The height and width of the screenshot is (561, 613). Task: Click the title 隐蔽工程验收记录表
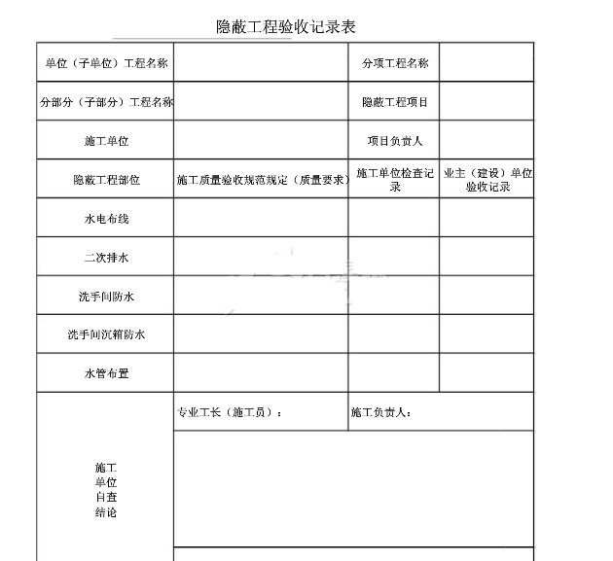click(x=285, y=26)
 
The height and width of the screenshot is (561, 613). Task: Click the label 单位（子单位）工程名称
click(x=106, y=63)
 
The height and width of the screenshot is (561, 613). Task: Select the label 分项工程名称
click(x=395, y=63)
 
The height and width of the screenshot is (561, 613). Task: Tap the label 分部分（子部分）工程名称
click(x=106, y=102)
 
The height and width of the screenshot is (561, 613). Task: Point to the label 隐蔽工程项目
click(x=395, y=102)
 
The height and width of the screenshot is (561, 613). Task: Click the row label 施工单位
click(x=106, y=141)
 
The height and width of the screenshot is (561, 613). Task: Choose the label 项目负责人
click(x=395, y=141)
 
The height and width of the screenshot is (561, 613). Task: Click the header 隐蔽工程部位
click(x=106, y=180)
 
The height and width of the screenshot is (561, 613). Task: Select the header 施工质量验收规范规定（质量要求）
click(x=262, y=180)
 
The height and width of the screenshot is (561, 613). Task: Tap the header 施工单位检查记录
click(x=395, y=180)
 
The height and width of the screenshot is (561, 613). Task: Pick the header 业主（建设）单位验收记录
click(x=487, y=180)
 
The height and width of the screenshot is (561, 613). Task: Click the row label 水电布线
click(x=106, y=219)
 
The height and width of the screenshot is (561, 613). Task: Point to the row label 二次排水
click(x=106, y=258)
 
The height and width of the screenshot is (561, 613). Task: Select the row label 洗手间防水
click(x=106, y=297)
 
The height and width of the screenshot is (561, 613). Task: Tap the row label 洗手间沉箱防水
click(x=106, y=335)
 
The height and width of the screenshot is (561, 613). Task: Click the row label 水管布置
click(x=106, y=373)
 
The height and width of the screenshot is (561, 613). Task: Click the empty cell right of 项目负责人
click(x=487, y=141)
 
